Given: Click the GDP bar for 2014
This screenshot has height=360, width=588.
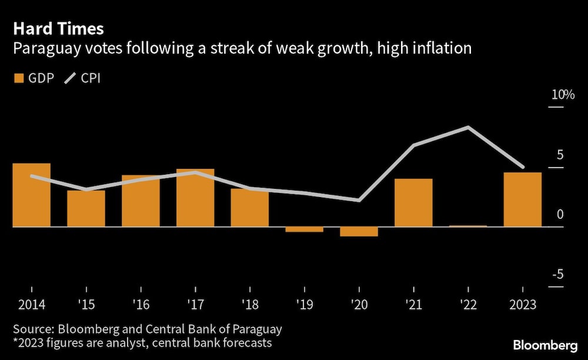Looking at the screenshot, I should (x=31, y=195).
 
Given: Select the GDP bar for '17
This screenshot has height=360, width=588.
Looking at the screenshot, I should (x=195, y=198).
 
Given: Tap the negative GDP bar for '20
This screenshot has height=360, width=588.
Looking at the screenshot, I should (x=359, y=232).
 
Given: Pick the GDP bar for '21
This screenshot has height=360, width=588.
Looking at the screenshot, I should (x=413, y=202).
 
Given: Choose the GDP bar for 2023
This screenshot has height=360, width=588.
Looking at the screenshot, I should (x=523, y=199).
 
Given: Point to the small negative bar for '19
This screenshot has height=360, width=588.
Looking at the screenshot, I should (x=304, y=229).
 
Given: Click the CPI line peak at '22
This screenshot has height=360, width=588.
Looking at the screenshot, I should (x=468, y=127).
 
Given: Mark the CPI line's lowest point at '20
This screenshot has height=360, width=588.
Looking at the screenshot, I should (x=359, y=201).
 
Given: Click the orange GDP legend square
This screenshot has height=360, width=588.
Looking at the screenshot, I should (x=19, y=78).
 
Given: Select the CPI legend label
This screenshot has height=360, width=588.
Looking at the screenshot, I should (x=91, y=78).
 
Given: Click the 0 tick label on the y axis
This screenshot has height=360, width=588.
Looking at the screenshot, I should (x=560, y=215).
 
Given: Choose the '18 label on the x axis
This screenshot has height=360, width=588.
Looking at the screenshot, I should (x=250, y=305).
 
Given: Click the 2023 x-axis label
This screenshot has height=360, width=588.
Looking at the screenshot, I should (x=523, y=305).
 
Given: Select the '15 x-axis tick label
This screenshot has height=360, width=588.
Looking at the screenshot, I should (x=86, y=305).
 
